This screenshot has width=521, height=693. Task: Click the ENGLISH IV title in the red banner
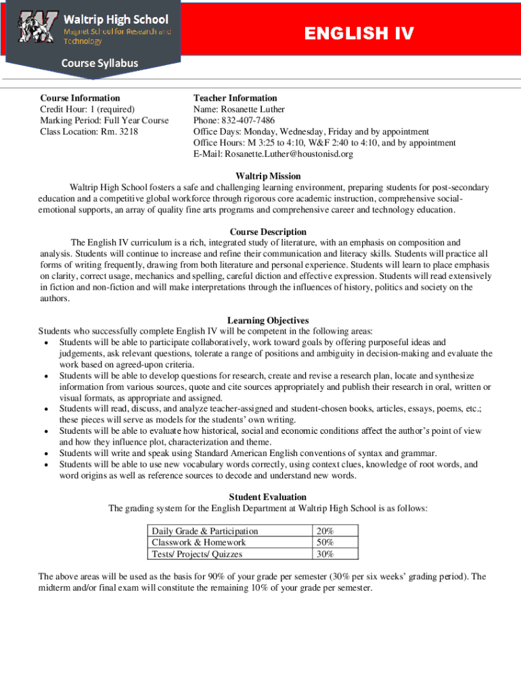tap(359, 34)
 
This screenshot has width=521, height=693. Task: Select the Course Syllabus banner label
tap(100, 64)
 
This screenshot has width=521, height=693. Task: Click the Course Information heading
tap(80, 98)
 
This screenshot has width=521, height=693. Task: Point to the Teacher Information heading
tap(235, 98)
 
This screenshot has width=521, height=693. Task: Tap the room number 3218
tap(126, 131)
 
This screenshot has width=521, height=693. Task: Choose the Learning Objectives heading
tap(268, 320)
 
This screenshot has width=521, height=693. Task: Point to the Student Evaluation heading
tap(267, 497)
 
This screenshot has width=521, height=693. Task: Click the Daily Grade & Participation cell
tap(205, 531)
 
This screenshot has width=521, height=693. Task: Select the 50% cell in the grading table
tap(325, 543)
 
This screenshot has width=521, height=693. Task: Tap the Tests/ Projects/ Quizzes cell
tap(197, 554)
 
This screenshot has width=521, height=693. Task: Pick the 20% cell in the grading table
tap(325, 531)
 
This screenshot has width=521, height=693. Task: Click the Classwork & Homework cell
tap(199, 543)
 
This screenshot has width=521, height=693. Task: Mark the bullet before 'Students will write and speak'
tap(45, 453)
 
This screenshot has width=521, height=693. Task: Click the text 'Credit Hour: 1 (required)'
tap(87, 109)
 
